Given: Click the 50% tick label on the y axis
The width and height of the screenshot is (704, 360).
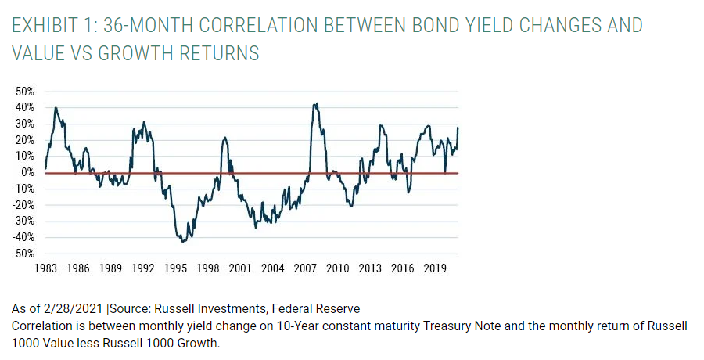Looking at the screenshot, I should pyautogui.click(x=23, y=91).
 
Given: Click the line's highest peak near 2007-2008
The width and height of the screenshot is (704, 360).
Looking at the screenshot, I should pyautogui.click(x=315, y=103).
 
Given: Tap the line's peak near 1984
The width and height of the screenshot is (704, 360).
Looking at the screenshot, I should pyautogui.click(x=56, y=108).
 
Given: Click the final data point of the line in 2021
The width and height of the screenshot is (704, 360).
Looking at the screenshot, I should pyautogui.click(x=458, y=128).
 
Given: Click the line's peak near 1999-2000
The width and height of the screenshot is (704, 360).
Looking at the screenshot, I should pyautogui.click(x=224, y=138).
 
